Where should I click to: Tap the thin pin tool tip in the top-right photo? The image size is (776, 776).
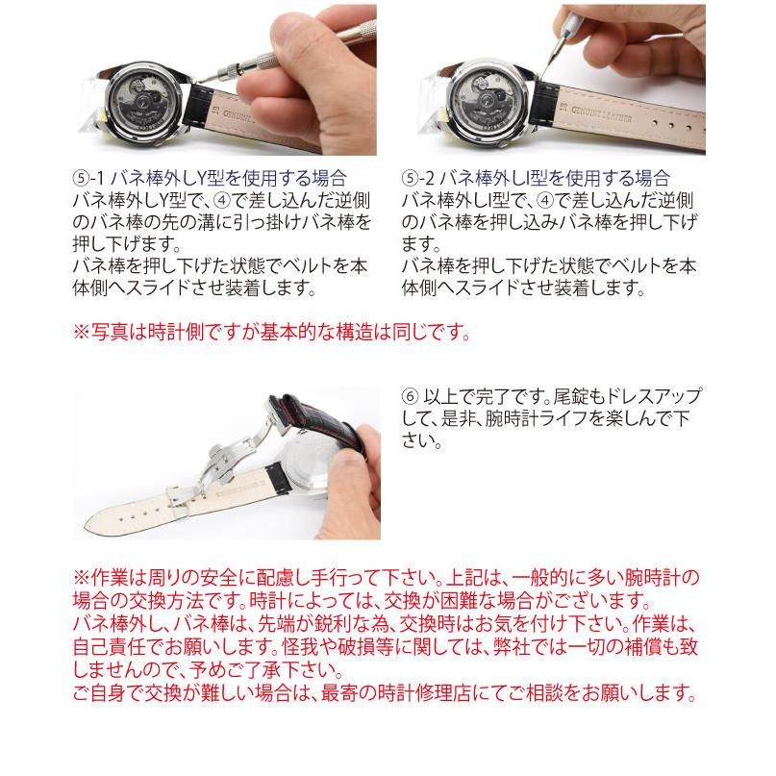click(541, 74)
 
